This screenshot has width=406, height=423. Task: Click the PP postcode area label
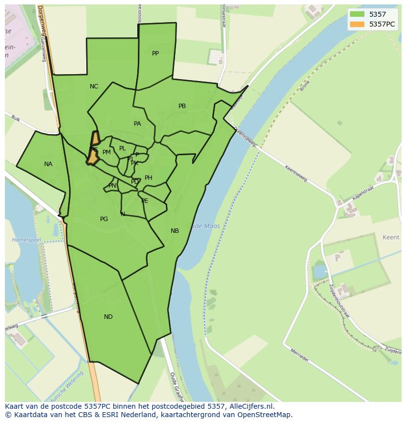tap(155, 54)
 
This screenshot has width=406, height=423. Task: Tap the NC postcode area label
tap(94, 86)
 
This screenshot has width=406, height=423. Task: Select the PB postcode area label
tap(182, 106)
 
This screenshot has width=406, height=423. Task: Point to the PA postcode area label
tap(137, 124)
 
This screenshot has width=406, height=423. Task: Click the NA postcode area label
tap(48, 164)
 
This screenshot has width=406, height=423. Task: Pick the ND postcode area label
tap(108, 317)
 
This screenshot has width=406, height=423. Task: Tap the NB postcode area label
tap(175, 231)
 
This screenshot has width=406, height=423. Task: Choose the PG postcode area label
tap(104, 219)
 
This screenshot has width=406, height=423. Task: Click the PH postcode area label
tap(149, 178)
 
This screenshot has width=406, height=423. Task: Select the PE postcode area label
tap(145, 201)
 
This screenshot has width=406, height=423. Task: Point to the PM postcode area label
tap(106, 152)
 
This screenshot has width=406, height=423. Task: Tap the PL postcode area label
tap(123, 148)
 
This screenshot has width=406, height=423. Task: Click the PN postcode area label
tap(112, 186)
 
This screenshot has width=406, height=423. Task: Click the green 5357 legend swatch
tap(357, 14)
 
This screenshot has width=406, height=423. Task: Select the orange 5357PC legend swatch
tap(357, 24)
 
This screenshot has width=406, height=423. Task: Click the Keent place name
tap(391, 237)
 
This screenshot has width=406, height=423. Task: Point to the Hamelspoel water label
tap(26, 240)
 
